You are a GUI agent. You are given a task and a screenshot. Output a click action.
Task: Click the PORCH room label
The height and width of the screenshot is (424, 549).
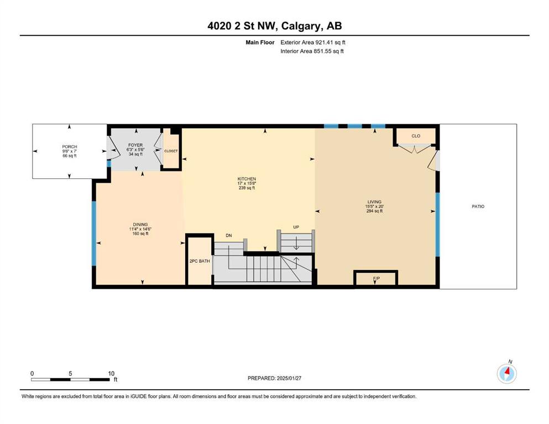coord(70,147)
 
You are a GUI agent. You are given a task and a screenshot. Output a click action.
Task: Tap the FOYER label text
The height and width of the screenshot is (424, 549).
coord(135,145)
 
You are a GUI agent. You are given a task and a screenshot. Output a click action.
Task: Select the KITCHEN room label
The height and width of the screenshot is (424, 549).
coord(247,179)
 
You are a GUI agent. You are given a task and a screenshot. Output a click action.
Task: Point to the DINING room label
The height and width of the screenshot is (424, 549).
coord(140,224)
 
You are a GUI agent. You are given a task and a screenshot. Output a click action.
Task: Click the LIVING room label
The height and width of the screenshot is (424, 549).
coord(374,202)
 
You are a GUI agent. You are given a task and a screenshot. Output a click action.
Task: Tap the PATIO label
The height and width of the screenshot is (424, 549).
coord(478,206)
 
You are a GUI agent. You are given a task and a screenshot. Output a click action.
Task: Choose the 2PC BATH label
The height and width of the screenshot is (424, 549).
coord(200,261)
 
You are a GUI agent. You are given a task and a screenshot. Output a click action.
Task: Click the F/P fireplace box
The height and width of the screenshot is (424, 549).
coord(376,278)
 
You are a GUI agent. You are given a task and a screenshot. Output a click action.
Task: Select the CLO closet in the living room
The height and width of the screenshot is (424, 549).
coord(416,136)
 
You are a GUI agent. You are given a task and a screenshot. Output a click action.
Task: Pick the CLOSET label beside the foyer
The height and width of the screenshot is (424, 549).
coord(171,151)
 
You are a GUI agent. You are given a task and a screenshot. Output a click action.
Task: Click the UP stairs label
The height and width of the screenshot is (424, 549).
coord(296,227)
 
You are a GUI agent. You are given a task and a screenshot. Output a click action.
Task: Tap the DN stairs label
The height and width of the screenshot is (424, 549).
coord(229,236)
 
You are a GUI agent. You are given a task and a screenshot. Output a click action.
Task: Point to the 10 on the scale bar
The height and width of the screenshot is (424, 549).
coord(111,373)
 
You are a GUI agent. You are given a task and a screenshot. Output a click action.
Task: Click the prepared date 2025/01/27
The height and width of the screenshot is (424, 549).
coord(289,378)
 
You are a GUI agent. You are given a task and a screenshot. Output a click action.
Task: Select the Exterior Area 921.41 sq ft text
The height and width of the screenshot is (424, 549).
coord(313,43)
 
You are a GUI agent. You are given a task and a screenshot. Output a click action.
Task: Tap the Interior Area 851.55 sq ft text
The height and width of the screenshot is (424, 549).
coord(312,51)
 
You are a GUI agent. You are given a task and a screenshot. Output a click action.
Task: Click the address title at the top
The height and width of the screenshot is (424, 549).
coord(274,26)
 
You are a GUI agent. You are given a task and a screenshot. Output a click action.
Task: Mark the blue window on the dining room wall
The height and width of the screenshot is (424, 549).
coord(94,234)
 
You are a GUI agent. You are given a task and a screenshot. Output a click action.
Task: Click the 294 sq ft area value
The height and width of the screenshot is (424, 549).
coord(374,211)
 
